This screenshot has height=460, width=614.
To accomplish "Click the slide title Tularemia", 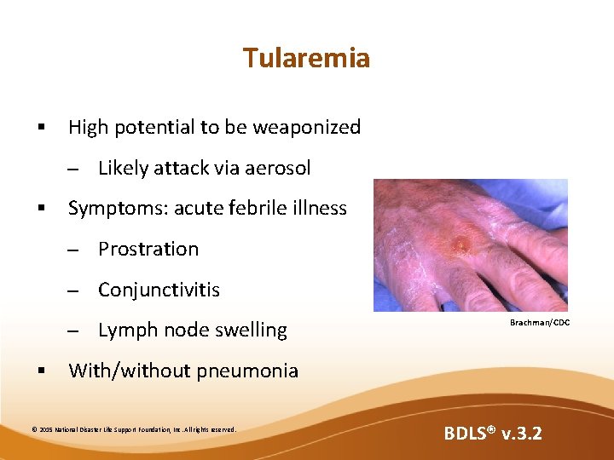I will pyautogui.click(x=306, y=58).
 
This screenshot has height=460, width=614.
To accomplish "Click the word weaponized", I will pyautogui.click(x=310, y=128).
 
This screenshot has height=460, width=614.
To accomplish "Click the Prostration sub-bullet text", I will pyautogui.click(x=148, y=249).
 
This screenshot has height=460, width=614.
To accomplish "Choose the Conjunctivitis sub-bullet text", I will pyautogui.click(x=159, y=290).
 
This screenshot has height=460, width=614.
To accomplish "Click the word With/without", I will pyautogui.click(x=129, y=371).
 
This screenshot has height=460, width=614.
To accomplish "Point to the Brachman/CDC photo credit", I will pyautogui.click(x=540, y=323).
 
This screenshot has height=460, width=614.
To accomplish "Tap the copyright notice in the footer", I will pyautogui.click(x=133, y=429).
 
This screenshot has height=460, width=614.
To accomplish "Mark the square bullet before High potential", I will pyautogui.click(x=39, y=128).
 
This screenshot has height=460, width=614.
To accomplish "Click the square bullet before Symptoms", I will pyautogui.click(x=39, y=209).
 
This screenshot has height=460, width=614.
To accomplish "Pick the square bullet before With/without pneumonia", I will pyautogui.click(x=39, y=371).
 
